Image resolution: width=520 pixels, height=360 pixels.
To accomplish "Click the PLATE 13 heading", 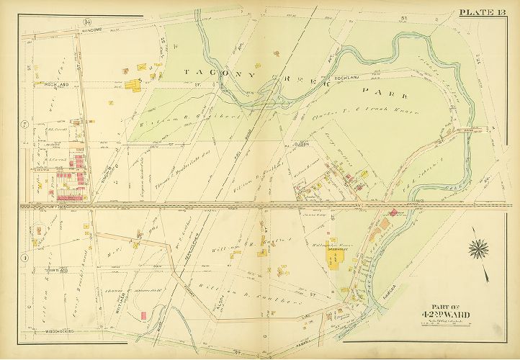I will point(487,10).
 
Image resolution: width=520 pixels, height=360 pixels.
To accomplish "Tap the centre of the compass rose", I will point(478,250).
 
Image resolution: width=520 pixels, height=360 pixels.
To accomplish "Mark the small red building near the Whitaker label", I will point(144,315).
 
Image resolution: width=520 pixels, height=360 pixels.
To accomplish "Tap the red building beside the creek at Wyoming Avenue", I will point(393,214).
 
